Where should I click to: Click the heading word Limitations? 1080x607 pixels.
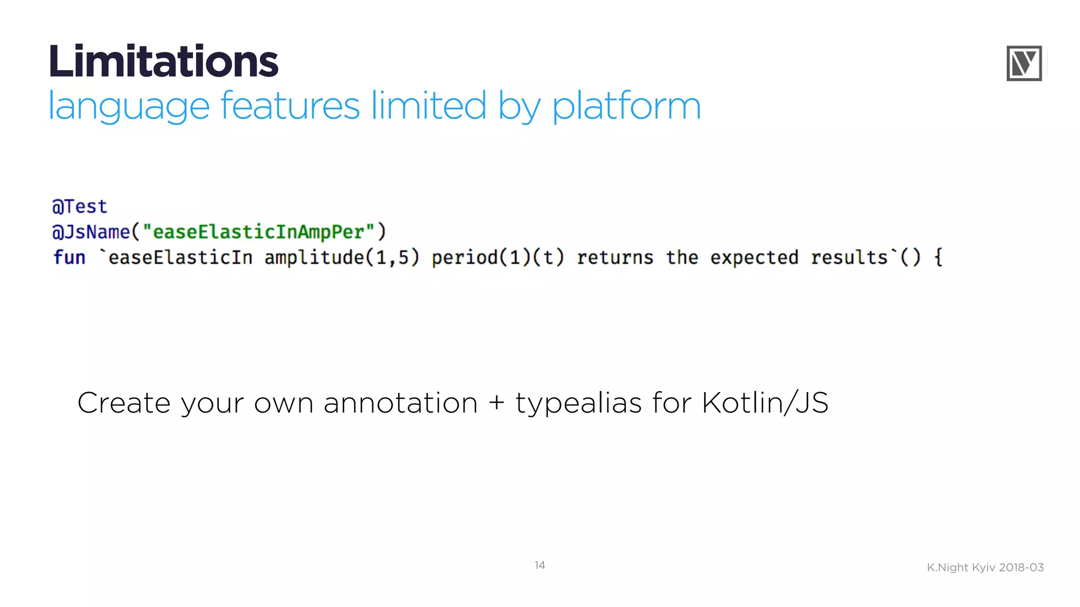point(163,62)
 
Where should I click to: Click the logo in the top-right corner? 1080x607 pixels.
point(1024,63)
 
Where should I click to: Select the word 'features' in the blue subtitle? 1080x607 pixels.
point(290,106)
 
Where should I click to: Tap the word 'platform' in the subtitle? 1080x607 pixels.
point(626,107)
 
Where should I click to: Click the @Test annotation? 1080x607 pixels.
point(80,207)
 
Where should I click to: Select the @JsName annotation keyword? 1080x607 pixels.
point(91,232)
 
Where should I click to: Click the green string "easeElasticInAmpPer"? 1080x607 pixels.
point(258,232)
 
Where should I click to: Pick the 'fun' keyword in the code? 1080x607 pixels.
point(69,258)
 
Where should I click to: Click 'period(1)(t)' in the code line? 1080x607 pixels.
point(498,258)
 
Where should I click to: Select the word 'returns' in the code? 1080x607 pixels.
point(615,258)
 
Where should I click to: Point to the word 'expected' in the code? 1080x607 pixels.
point(754,258)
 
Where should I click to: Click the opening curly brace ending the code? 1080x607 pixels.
point(938,258)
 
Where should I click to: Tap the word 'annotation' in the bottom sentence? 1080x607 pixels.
point(400,404)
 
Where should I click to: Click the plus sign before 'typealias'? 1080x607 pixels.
point(496,404)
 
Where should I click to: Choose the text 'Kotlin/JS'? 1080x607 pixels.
point(765,404)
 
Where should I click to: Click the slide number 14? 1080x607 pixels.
point(539,565)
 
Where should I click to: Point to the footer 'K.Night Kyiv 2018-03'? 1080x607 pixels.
point(985,567)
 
